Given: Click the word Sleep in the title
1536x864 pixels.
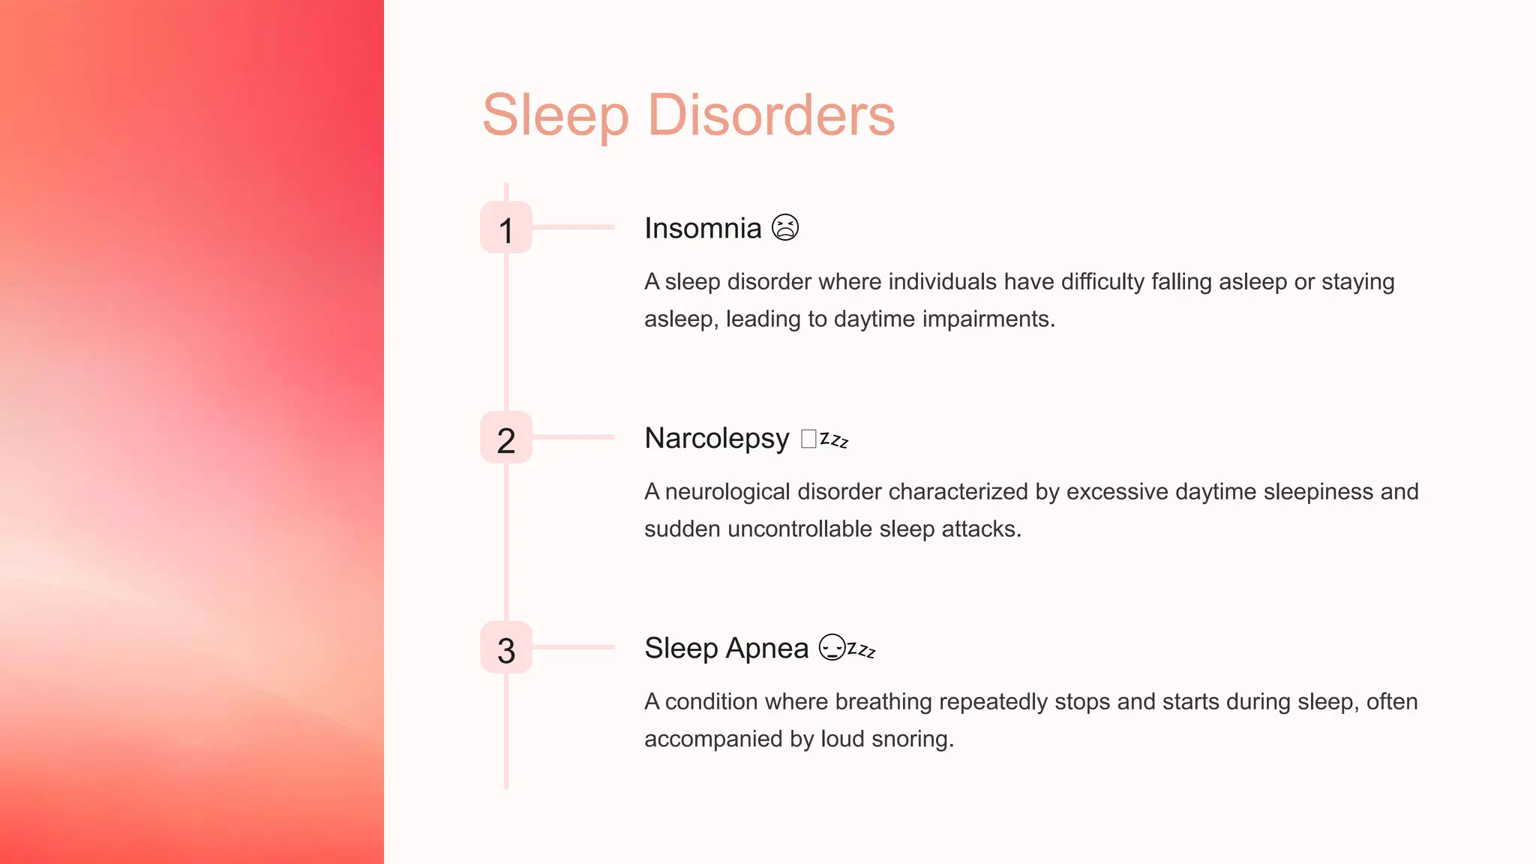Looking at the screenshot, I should pyautogui.click(x=555, y=115).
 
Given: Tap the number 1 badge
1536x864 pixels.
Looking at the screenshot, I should pyautogui.click(x=506, y=228).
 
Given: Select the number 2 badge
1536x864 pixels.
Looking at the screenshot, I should pyautogui.click(x=506, y=438).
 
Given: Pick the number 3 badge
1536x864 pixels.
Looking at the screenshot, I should pyautogui.click(x=506, y=648).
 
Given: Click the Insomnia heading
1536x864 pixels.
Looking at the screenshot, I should pyautogui.click(x=703, y=228).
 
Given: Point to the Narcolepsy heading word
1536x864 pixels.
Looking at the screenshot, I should pyautogui.click(x=716, y=438).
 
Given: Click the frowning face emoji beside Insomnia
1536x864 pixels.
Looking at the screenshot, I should pyautogui.click(x=785, y=227).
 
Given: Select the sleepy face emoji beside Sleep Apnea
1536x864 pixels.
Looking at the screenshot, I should pyautogui.click(x=832, y=647).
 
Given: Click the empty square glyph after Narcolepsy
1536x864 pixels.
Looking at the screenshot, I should pyautogui.click(x=808, y=438).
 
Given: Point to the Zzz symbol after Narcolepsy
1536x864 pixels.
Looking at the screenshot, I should pyautogui.click(x=834, y=439).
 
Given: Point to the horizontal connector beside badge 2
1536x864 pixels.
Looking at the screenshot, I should pyautogui.click(x=574, y=436).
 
